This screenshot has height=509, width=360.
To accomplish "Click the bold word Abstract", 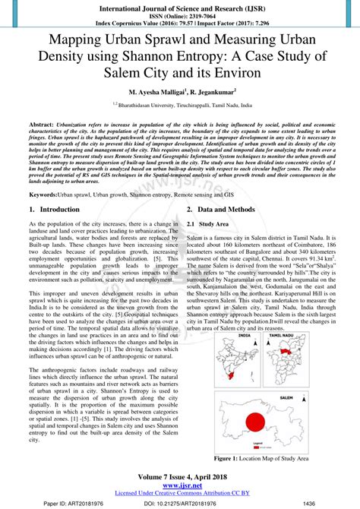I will point(42,123).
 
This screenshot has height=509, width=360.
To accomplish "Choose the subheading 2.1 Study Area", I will point(213,224).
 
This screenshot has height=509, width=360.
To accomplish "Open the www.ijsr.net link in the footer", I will point(180,485).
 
